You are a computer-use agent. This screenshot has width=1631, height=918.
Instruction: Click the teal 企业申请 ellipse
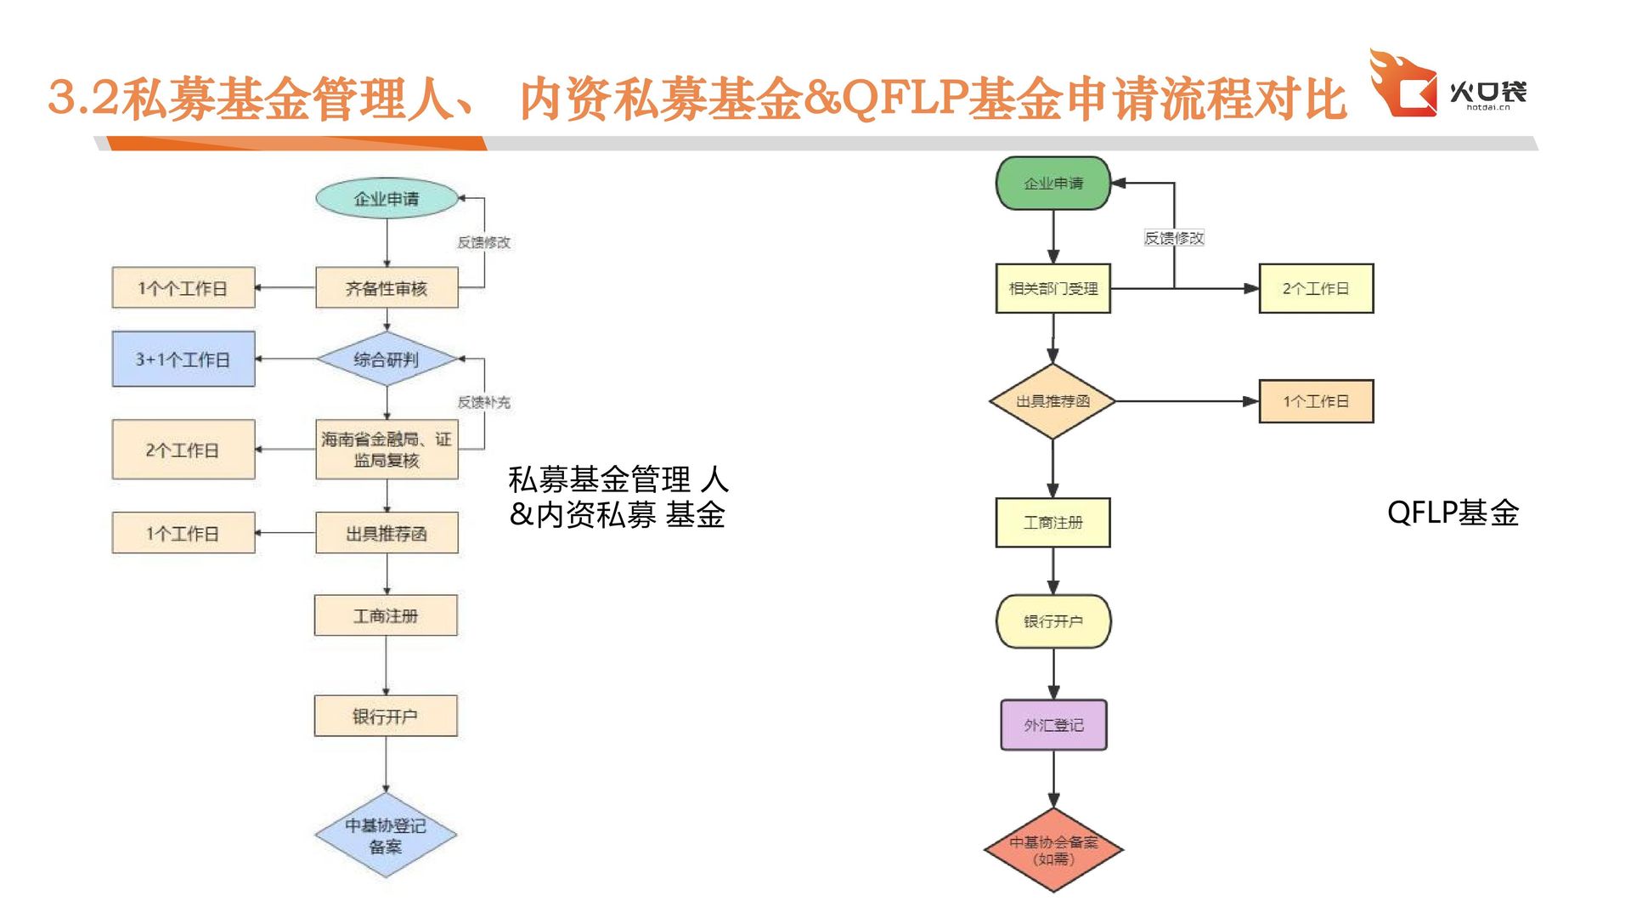click(387, 198)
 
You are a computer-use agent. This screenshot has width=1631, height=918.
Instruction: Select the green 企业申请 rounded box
click(1053, 183)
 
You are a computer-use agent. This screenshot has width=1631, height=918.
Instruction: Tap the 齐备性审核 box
click(387, 288)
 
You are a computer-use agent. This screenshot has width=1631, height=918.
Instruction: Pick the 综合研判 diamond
click(387, 360)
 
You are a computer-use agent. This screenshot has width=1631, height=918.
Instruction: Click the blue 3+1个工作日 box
click(183, 360)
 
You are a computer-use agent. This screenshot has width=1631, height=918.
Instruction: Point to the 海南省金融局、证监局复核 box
click(387, 450)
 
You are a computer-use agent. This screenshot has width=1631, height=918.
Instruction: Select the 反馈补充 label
click(483, 402)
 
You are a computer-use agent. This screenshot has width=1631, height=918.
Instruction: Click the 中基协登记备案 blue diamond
click(386, 836)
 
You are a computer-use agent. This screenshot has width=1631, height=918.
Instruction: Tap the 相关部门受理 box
click(1053, 288)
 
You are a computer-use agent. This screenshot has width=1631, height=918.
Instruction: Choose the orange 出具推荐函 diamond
click(1053, 401)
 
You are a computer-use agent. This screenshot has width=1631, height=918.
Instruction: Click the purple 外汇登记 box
click(1053, 725)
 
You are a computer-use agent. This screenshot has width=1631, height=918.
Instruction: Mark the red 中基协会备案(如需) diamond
click(1053, 850)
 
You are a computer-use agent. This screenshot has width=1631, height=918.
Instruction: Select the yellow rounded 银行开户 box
click(1053, 621)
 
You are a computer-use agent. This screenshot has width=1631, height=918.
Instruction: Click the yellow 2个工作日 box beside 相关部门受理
click(1316, 288)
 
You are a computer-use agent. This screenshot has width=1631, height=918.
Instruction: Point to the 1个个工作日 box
click(183, 288)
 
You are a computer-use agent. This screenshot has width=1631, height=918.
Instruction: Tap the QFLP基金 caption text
click(1453, 513)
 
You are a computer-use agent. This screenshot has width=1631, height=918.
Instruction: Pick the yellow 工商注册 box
click(1053, 522)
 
